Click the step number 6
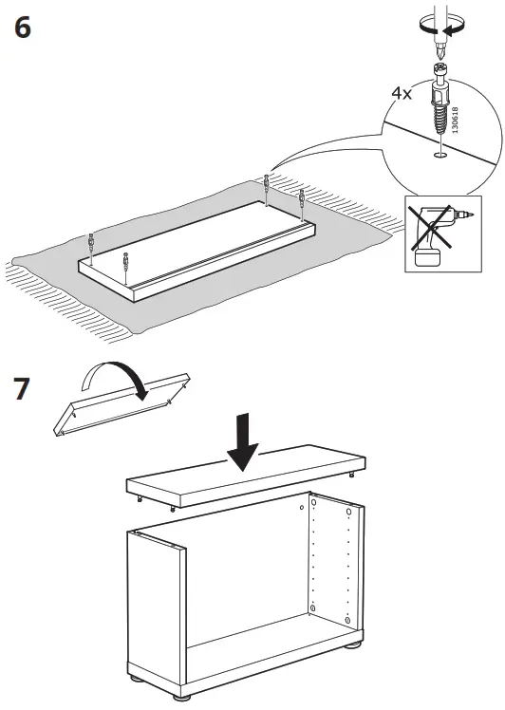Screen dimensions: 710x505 click(x=22, y=28)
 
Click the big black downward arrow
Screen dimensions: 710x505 click(x=245, y=441)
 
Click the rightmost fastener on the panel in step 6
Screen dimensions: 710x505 click(x=303, y=200)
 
